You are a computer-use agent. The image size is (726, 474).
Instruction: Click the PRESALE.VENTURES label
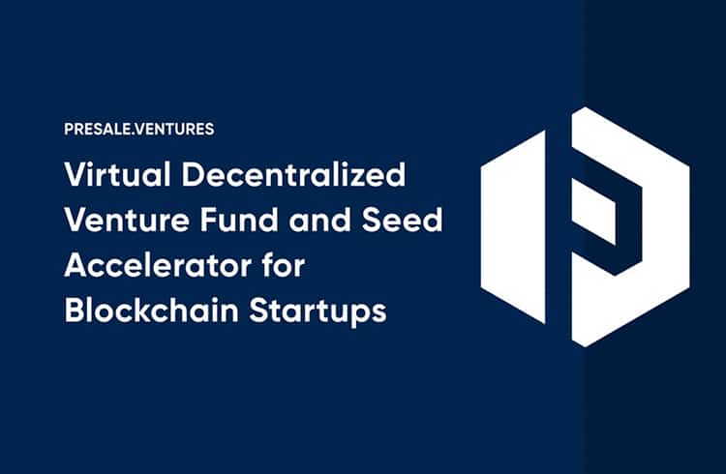139,129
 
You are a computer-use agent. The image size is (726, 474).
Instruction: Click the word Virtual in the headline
118,174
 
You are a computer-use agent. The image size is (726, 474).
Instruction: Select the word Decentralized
294,174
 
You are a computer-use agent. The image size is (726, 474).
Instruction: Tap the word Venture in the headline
127,220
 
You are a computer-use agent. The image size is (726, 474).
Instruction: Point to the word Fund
239,220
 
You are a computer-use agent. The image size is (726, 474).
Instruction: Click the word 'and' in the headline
319,220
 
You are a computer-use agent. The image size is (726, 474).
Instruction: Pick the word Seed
402,220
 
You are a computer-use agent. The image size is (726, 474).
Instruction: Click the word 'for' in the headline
283,265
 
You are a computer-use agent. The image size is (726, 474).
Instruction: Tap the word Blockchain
151,311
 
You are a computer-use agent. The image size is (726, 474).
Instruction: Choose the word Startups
318,312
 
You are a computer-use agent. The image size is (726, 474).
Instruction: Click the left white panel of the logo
513,227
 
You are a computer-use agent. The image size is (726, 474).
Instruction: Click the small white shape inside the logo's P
593,212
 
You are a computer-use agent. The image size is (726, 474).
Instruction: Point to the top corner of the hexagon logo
586,107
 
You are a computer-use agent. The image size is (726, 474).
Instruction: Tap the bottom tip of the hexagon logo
585,346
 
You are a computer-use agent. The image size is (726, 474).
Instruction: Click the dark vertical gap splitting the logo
559,227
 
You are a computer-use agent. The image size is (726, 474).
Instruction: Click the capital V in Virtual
76,174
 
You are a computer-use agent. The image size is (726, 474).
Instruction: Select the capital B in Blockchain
75,311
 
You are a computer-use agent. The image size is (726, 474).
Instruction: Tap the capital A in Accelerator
76,265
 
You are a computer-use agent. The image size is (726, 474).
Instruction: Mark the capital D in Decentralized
193,174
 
